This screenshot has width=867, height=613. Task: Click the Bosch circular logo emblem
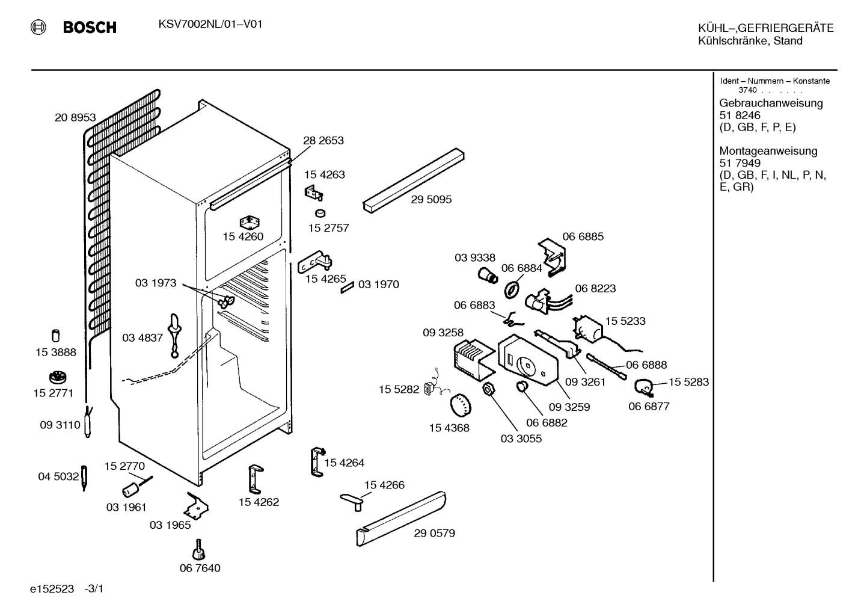[x=38, y=28]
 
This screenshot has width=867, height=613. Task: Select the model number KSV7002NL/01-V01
[x=210, y=25]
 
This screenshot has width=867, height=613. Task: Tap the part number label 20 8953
[x=75, y=117]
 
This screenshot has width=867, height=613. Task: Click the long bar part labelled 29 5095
[x=414, y=180]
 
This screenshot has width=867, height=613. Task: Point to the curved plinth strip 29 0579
[x=401, y=519]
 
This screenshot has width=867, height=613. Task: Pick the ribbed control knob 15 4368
[x=460, y=405]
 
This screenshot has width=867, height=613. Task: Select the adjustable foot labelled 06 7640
[x=199, y=549]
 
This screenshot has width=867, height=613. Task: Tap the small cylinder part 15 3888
[x=56, y=336]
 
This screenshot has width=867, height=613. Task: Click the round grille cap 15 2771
[x=58, y=378]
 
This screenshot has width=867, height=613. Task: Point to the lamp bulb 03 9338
[x=488, y=276]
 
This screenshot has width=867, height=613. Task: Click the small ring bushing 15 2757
[x=320, y=213]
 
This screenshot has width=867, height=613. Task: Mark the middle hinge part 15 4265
[x=315, y=262]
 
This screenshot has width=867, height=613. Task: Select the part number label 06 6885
[x=583, y=236]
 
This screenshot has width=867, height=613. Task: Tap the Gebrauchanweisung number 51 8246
[x=740, y=115]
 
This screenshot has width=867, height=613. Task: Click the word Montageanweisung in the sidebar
[x=768, y=150]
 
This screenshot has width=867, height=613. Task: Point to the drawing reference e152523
[x=52, y=589]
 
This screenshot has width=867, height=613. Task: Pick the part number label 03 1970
[x=379, y=284]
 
